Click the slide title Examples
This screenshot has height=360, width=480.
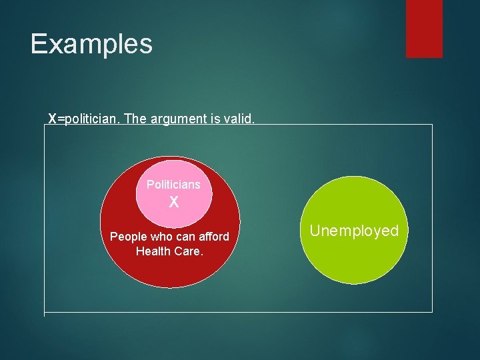91,44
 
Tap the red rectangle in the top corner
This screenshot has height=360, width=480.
424,28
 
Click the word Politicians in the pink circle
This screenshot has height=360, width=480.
173,184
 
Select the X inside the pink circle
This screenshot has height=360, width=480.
173,202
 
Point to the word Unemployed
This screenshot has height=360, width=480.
354,231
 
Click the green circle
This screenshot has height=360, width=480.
354,260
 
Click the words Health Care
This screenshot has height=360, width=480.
169,251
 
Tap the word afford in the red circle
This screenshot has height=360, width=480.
212,237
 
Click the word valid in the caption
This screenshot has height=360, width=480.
239,119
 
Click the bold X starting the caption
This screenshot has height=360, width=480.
52,119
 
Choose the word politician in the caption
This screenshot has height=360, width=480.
89,119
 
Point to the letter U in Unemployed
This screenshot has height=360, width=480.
315,231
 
